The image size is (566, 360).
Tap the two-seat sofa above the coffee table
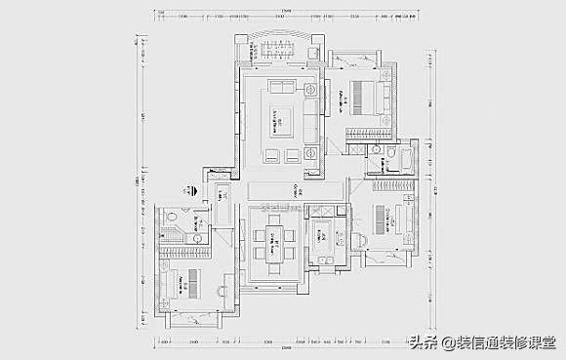[283, 88]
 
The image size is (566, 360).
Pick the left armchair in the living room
[270, 154]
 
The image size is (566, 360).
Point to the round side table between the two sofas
[310, 90]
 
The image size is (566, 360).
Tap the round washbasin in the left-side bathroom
[198, 237]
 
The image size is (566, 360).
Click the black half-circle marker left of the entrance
[194, 189]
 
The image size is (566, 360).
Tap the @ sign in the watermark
[448, 342]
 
